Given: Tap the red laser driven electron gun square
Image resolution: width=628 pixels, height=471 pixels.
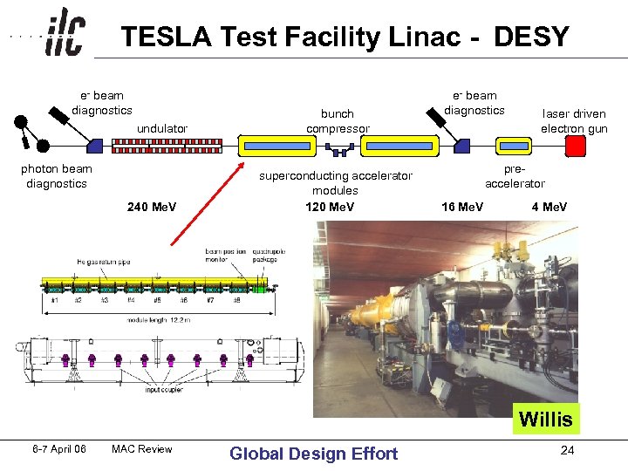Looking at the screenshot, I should pos(576,145).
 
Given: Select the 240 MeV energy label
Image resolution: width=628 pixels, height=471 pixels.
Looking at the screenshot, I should pos(152,207).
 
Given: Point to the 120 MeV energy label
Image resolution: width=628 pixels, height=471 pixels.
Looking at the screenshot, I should pos(330,207).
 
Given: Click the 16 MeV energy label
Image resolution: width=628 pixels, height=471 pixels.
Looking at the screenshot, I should pos(462,207).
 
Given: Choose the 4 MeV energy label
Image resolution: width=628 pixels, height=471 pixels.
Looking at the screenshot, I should pos(549,207).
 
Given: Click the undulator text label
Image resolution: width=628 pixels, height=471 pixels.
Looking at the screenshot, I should pos(162,128).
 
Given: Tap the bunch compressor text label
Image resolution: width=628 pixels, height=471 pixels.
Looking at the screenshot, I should pos(338,121).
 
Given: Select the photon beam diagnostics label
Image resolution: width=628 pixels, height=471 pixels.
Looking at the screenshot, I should pos(57,176).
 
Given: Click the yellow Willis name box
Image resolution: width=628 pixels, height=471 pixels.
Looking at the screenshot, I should pos(546,420).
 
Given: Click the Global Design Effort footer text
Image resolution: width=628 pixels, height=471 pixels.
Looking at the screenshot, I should pos(313,453).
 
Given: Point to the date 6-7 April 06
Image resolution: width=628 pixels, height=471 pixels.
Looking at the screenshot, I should pos(59,450).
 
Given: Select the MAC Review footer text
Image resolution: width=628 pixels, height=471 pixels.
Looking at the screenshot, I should pos(142,450).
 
